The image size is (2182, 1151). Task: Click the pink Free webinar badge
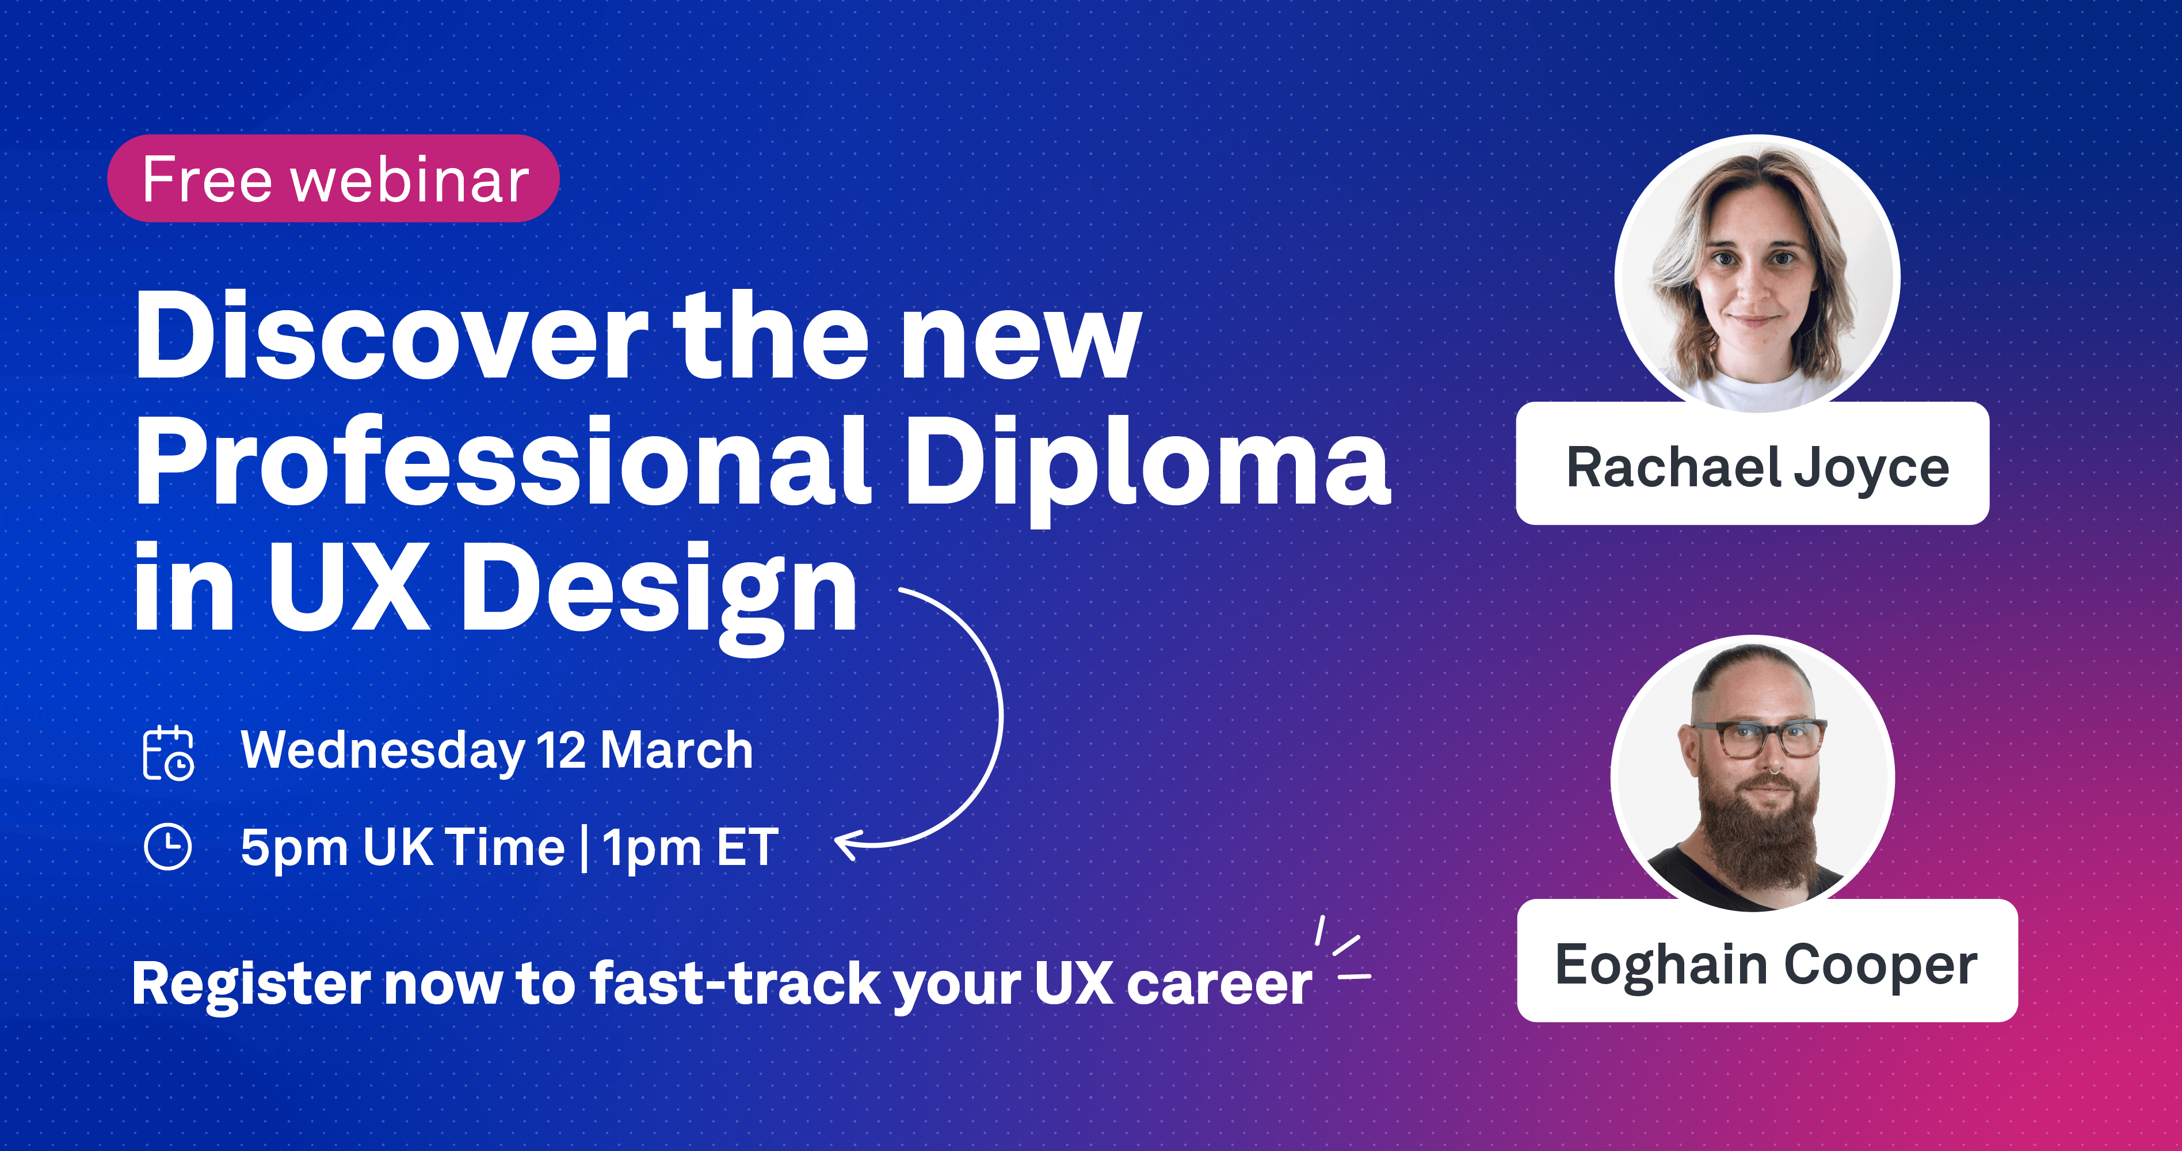(x=333, y=179)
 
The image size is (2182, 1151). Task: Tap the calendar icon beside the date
(x=167, y=752)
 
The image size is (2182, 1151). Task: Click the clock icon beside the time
(x=167, y=846)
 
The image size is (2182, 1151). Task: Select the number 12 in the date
(x=560, y=750)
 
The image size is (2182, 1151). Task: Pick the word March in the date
(x=677, y=750)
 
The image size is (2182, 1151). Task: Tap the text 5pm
(x=293, y=848)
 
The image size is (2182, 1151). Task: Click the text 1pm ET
(x=691, y=848)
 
